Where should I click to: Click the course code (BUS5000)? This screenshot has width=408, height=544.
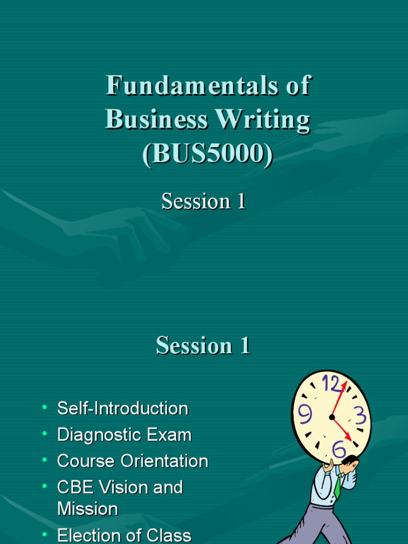(x=208, y=154)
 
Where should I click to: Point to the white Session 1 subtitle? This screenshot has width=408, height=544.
(x=203, y=201)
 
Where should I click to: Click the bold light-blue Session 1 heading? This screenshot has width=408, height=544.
(x=203, y=346)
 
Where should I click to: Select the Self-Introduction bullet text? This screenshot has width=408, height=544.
(x=123, y=409)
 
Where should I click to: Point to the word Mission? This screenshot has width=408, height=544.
(x=88, y=509)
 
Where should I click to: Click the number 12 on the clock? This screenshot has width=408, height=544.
(x=330, y=384)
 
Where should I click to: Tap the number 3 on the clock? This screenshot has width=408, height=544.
(x=360, y=415)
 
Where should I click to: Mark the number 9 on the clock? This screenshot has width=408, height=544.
(x=305, y=413)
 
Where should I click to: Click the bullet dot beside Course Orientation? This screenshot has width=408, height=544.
(x=45, y=460)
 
